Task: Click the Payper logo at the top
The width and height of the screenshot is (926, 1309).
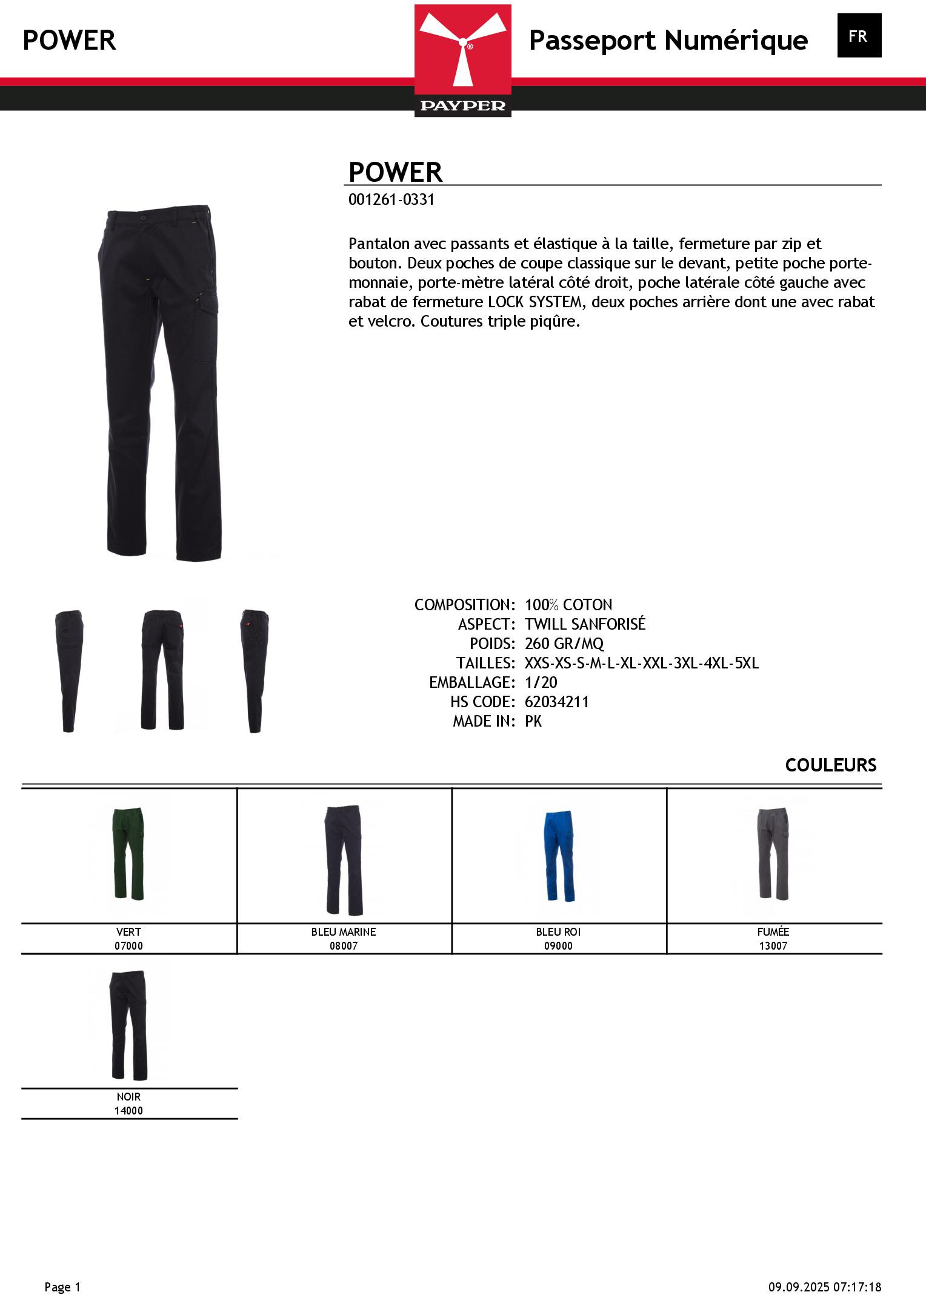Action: (x=462, y=60)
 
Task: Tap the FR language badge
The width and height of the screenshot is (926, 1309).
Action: (x=859, y=36)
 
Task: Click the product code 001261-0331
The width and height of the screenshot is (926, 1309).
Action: (x=391, y=200)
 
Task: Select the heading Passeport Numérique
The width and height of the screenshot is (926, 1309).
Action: (x=668, y=41)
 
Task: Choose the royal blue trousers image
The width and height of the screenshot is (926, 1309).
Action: (x=558, y=854)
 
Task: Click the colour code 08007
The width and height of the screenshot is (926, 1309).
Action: (x=344, y=946)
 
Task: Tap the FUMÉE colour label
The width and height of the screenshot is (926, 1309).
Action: (x=773, y=932)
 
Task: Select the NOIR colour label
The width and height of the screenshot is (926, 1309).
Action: (x=128, y=1097)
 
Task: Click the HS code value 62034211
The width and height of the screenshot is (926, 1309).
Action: (x=557, y=702)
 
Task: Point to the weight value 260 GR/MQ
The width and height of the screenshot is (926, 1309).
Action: (x=564, y=644)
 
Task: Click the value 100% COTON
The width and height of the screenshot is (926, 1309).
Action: (x=568, y=605)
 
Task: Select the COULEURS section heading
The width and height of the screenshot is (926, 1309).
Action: (x=830, y=765)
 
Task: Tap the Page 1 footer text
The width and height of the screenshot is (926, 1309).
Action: (x=62, y=1287)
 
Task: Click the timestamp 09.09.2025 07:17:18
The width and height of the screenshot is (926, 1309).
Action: (x=825, y=1287)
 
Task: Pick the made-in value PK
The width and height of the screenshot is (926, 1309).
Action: (x=533, y=721)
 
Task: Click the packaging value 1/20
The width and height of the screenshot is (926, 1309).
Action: (x=541, y=682)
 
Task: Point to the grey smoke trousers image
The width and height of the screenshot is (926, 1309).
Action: (x=773, y=854)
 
